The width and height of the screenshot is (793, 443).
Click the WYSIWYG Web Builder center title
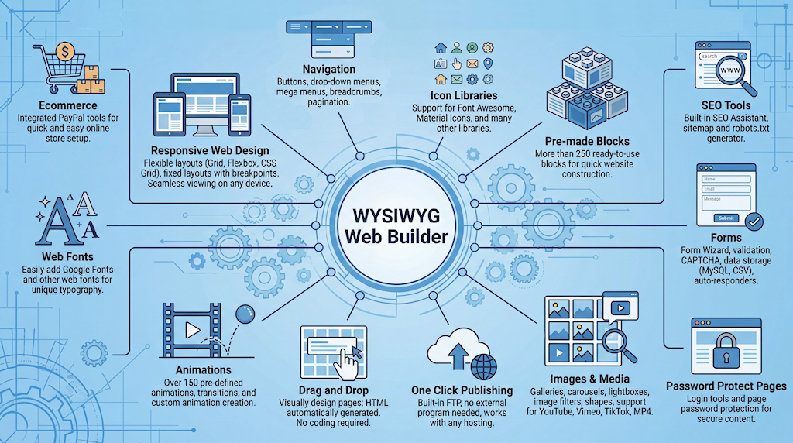pos(396,221)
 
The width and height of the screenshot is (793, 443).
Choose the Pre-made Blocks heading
pos(587,142)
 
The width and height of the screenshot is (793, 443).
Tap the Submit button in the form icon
pos(726,218)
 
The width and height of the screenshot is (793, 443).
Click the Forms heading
pos(727,238)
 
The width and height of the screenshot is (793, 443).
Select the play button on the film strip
pos(192,331)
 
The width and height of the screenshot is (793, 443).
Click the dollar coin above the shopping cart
pos(64,51)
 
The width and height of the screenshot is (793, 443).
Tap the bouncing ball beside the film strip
pos(245,314)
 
